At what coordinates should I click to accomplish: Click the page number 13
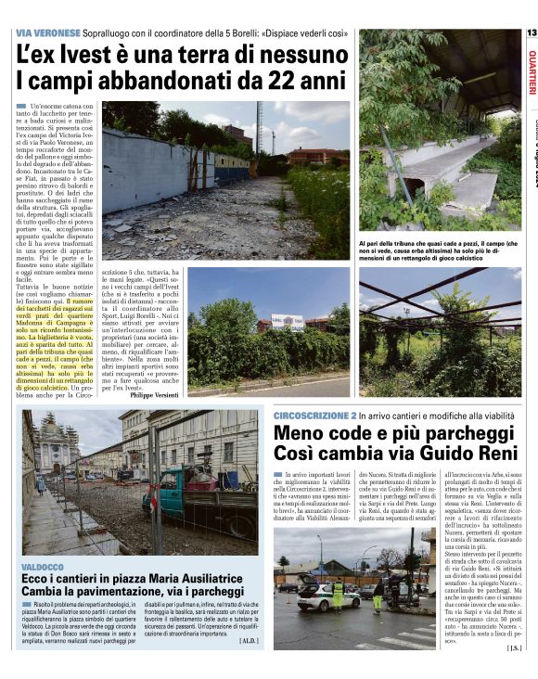(x=531, y=32)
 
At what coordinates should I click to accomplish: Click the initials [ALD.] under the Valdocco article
(x=248, y=640)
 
